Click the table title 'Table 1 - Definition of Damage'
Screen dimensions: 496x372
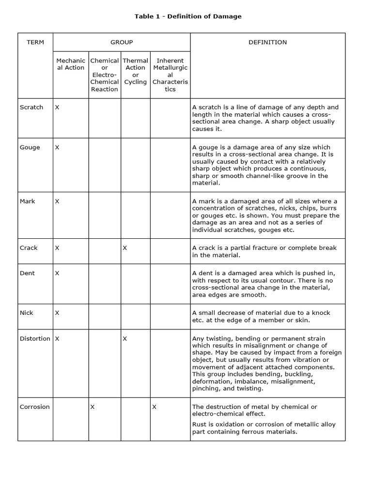(x=188, y=16)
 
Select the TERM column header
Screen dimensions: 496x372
(x=35, y=42)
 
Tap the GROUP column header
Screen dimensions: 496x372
(x=122, y=42)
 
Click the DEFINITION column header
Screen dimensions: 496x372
(x=267, y=42)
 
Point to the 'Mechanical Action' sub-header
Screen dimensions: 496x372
(x=70, y=64)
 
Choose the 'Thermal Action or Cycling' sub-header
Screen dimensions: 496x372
(x=136, y=71)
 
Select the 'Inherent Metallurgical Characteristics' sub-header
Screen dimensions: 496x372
(x=170, y=75)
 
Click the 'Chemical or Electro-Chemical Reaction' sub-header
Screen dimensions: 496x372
(x=105, y=75)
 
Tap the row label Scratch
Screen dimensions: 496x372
(x=31, y=107)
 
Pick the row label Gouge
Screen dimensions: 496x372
(x=30, y=147)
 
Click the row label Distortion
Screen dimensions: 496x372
(x=35, y=339)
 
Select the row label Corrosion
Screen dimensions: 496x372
(x=35, y=407)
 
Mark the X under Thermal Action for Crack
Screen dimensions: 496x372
(x=125, y=248)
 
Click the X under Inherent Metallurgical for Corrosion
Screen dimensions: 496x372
(x=154, y=407)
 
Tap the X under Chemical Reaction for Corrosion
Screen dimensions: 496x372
(x=93, y=407)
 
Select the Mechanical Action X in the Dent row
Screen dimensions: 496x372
(x=57, y=273)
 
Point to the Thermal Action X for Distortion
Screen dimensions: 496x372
(x=125, y=339)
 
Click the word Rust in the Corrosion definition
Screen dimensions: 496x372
(x=200, y=425)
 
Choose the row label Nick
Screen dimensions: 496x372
(x=27, y=313)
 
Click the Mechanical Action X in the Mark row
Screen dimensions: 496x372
(x=57, y=201)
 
